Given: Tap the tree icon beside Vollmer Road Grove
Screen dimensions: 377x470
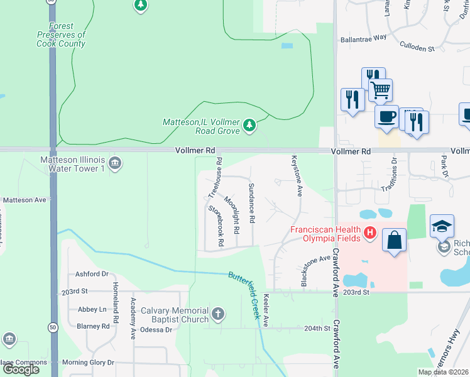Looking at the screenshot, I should pyautogui.click(x=250, y=126).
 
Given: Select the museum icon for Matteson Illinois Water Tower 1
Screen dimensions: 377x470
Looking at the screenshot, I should pyautogui.click(x=114, y=165).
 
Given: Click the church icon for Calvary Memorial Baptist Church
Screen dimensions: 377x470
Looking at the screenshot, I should pyautogui.click(x=218, y=314).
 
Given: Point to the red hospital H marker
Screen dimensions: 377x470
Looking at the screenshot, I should pyautogui.click(x=371, y=234).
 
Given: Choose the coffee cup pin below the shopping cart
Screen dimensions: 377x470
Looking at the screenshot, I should pyautogui.click(x=386, y=116).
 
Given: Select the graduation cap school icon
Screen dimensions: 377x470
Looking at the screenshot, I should pyautogui.click(x=442, y=226).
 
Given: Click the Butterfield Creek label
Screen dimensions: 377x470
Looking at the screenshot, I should pyautogui.click(x=243, y=295).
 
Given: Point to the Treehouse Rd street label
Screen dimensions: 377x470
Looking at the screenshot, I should pyautogui.click(x=214, y=179).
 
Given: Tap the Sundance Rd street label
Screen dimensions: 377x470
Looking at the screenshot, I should pyautogui.click(x=251, y=204).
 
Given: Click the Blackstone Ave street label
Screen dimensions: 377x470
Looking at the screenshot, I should pyautogui.click(x=315, y=271).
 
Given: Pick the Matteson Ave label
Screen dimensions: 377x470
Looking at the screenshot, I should pyautogui.click(x=25, y=200).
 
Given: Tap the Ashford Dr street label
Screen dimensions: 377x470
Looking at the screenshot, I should pyautogui.click(x=92, y=274).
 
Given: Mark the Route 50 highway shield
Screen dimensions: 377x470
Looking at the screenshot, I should pyautogui.click(x=53, y=327).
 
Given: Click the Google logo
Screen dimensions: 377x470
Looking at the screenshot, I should pyautogui.click(x=20, y=369).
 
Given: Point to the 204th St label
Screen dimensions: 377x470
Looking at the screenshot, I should pyautogui.click(x=317, y=329).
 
